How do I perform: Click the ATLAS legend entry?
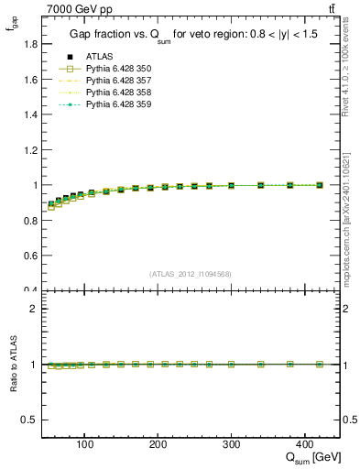(98, 56)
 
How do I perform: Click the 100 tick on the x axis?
(85, 443)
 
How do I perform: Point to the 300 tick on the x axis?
(231, 443)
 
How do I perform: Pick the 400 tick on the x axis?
(304, 443)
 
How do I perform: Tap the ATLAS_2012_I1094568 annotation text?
(191, 274)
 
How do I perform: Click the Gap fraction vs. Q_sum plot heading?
(190, 35)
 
